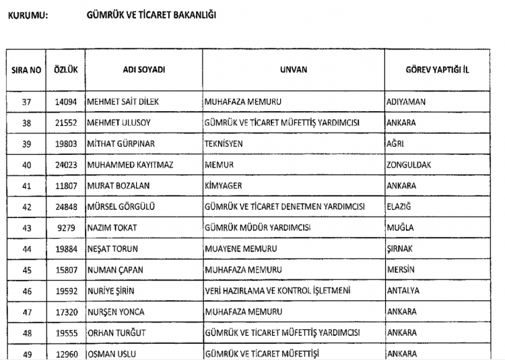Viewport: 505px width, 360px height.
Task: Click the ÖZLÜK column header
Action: (x=64, y=70)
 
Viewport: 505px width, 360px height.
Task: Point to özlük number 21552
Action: (x=66, y=123)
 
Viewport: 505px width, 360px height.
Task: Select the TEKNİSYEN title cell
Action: (x=224, y=144)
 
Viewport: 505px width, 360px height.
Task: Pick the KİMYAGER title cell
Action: (x=223, y=186)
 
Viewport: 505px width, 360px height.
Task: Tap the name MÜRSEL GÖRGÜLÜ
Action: (x=121, y=207)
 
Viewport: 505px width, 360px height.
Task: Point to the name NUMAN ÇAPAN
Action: (x=116, y=270)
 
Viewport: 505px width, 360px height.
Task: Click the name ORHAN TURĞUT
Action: (x=117, y=332)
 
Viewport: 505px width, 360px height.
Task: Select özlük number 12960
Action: (x=66, y=353)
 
